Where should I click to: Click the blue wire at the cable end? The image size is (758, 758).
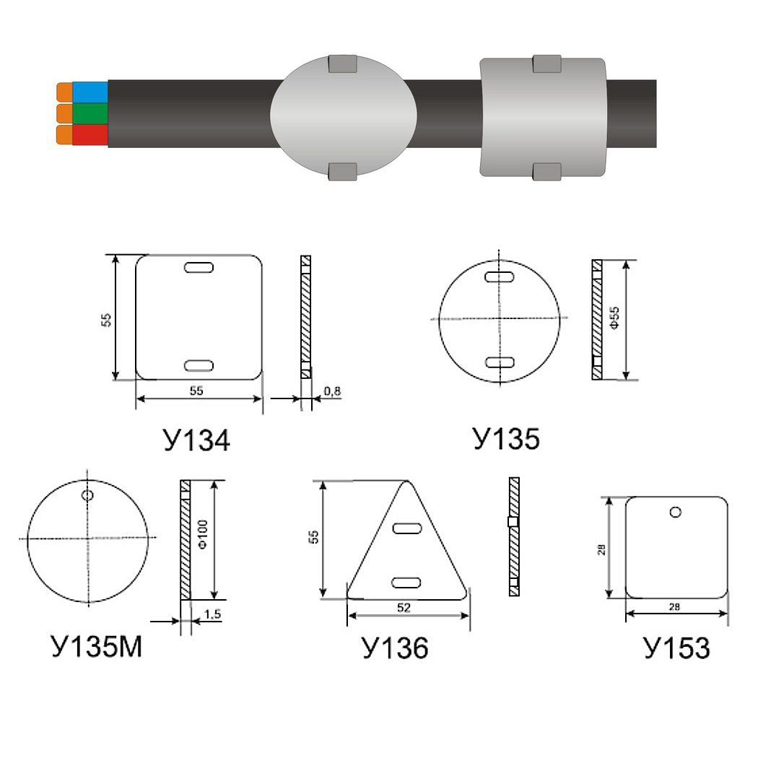pyautogui.click(x=90, y=92)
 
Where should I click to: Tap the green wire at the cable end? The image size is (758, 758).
pyautogui.click(x=90, y=113)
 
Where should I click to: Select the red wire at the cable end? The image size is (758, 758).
pyautogui.click(x=90, y=134)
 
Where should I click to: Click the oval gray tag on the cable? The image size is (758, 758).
pyautogui.click(x=343, y=116)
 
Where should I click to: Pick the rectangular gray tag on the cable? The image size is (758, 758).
pyautogui.click(x=544, y=118)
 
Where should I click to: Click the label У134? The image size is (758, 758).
pyautogui.click(x=196, y=440)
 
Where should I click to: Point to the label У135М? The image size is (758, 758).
pyautogui.click(x=97, y=646)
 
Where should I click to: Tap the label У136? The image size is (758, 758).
pyautogui.click(x=395, y=648)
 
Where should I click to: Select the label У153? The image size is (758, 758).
pyautogui.click(x=676, y=648)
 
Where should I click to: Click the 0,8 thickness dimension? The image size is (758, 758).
pyautogui.click(x=332, y=391)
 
